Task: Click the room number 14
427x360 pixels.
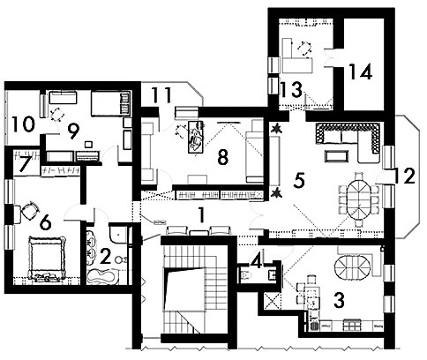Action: [x=361, y=71]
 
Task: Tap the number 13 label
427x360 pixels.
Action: [x=291, y=89]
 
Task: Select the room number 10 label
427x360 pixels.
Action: [x=24, y=124]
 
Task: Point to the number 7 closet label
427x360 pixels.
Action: [x=26, y=165]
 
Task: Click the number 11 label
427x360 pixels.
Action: [x=161, y=94]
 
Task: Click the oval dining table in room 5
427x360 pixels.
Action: [x=358, y=200]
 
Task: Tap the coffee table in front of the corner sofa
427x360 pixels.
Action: [x=335, y=156]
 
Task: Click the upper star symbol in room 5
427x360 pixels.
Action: [x=276, y=129]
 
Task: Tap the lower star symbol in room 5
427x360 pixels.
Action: [x=276, y=193]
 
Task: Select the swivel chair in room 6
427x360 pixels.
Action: [x=30, y=210]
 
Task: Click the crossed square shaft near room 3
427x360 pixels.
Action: [x=270, y=302]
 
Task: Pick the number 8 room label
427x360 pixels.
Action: [x=222, y=158]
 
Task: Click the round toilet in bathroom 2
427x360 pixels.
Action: [x=120, y=259]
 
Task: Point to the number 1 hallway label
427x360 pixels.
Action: [x=201, y=215]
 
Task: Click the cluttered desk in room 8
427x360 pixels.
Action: [x=196, y=137]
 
